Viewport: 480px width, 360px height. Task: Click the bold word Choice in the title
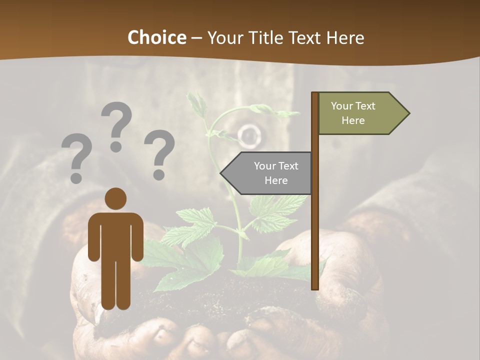coord(156,37)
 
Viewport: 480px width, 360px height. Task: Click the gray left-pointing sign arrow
coord(267,173)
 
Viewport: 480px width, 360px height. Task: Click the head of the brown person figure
coord(115,198)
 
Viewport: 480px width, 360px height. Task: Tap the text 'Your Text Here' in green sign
coord(353,113)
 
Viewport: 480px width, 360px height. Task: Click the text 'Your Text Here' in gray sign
coord(276,173)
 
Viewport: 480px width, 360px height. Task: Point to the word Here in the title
coord(345,37)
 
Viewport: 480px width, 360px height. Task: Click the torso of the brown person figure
coord(115,235)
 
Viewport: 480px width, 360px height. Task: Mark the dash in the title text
coord(196,38)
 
